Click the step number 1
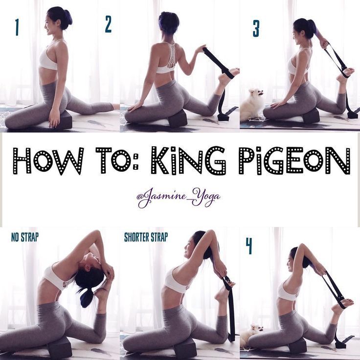click(17, 27)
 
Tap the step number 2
click(108, 24)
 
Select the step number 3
click(256, 28)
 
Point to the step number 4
click(249, 246)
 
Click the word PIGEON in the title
click(294, 160)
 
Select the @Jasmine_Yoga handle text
click(179, 197)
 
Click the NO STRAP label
click(25, 237)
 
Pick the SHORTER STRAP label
click(146, 237)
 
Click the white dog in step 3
click(252, 104)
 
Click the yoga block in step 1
click(64, 120)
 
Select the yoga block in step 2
click(178, 118)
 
